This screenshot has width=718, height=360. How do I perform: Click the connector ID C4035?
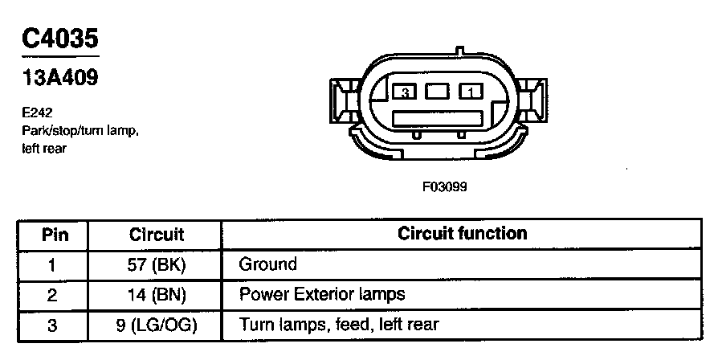pyautogui.click(x=61, y=38)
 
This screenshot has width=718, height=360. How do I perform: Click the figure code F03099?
pyautogui.click(x=444, y=186)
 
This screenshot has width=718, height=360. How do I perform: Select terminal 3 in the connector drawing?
pyautogui.click(x=406, y=93)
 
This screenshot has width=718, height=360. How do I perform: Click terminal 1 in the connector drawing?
pyautogui.click(x=469, y=93)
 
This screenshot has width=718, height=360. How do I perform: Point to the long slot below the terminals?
pyautogui.click(x=438, y=119)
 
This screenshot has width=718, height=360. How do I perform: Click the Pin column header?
pyautogui.click(x=55, y=235)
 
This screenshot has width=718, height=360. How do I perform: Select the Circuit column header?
pyautogui.click(x=157, y=235)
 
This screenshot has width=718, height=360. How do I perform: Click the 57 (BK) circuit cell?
pyautogui.click(x=157, y=264)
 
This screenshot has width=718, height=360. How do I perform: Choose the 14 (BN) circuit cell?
pyautogui.click(x=157, y=295)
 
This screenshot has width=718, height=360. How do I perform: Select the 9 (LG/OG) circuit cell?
pyautogui.click(x=157, y=325)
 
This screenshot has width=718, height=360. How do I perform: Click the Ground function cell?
pyautogui.click(x=267, y=264)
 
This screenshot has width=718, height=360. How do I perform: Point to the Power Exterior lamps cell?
pyautogui.click(x=322, y=295)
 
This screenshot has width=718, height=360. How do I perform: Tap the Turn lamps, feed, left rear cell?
pyautogui.click(x=339, y=325)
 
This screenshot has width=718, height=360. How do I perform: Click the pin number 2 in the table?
pyautogui.click(x=53, y=295)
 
